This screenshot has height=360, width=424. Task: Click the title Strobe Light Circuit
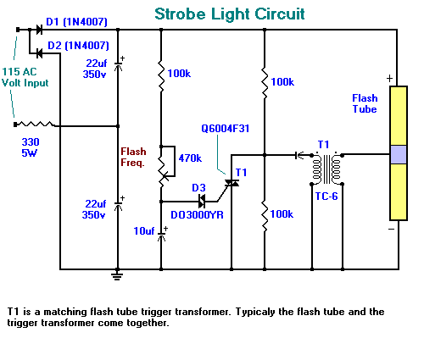[x=230, y=14]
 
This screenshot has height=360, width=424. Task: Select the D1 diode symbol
[x=39, y=30]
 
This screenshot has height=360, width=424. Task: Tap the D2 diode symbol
[x=39, y=53]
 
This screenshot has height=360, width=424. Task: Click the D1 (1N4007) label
[x=76, y=22]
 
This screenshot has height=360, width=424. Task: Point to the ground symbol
[x=117, y=274]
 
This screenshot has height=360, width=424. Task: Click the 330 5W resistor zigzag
[x=35, y=124]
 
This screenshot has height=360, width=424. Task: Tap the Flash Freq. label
[x=133, y=157]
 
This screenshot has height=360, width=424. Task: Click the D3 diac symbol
[x=202, y=202]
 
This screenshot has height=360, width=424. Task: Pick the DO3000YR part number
[x=197, y=215]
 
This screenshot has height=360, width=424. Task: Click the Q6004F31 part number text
[x=225, y=129]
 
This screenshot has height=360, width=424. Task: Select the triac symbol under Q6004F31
[x=232, y=183]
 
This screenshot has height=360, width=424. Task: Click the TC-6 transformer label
[x=326, y=197]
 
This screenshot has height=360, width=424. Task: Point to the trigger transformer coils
[x=327, y=169]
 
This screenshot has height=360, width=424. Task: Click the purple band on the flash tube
[x=399, y=154]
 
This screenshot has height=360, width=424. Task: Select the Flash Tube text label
[x=365, y=103]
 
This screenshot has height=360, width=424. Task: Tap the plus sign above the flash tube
[x=389, y=78]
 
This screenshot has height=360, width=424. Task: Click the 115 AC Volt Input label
[x=25, y=77]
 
